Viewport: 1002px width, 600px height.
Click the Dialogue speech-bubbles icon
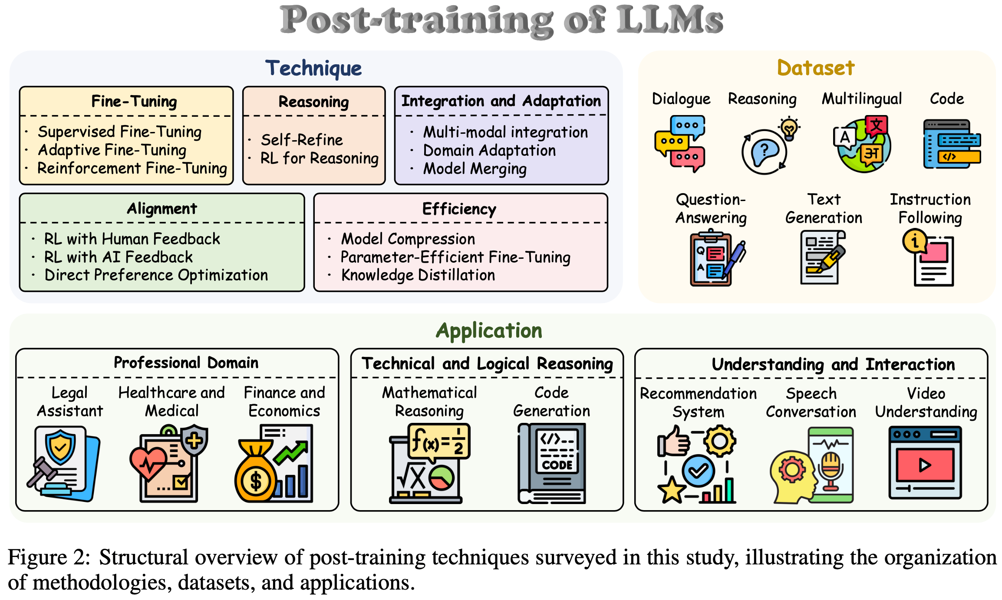(x=679, y=143)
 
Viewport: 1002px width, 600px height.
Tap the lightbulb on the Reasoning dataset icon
(x=789, y=128)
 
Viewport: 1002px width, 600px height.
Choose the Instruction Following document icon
(x=929, y=258)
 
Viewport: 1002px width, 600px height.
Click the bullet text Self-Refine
(x=302, y=140)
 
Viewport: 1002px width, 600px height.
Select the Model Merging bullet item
(x=475, y=168)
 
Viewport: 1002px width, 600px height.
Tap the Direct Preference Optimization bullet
(x=156, y=275)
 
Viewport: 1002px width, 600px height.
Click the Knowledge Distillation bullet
(x=418, y=275)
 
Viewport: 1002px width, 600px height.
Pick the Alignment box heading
(x=162, y=209)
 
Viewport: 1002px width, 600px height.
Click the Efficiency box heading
(x=459, y=209)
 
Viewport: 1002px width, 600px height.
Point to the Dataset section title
(x=816, y=68)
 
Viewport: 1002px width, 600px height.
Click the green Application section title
(x=489, y=331)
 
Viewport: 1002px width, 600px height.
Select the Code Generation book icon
(x=552, y=464)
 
